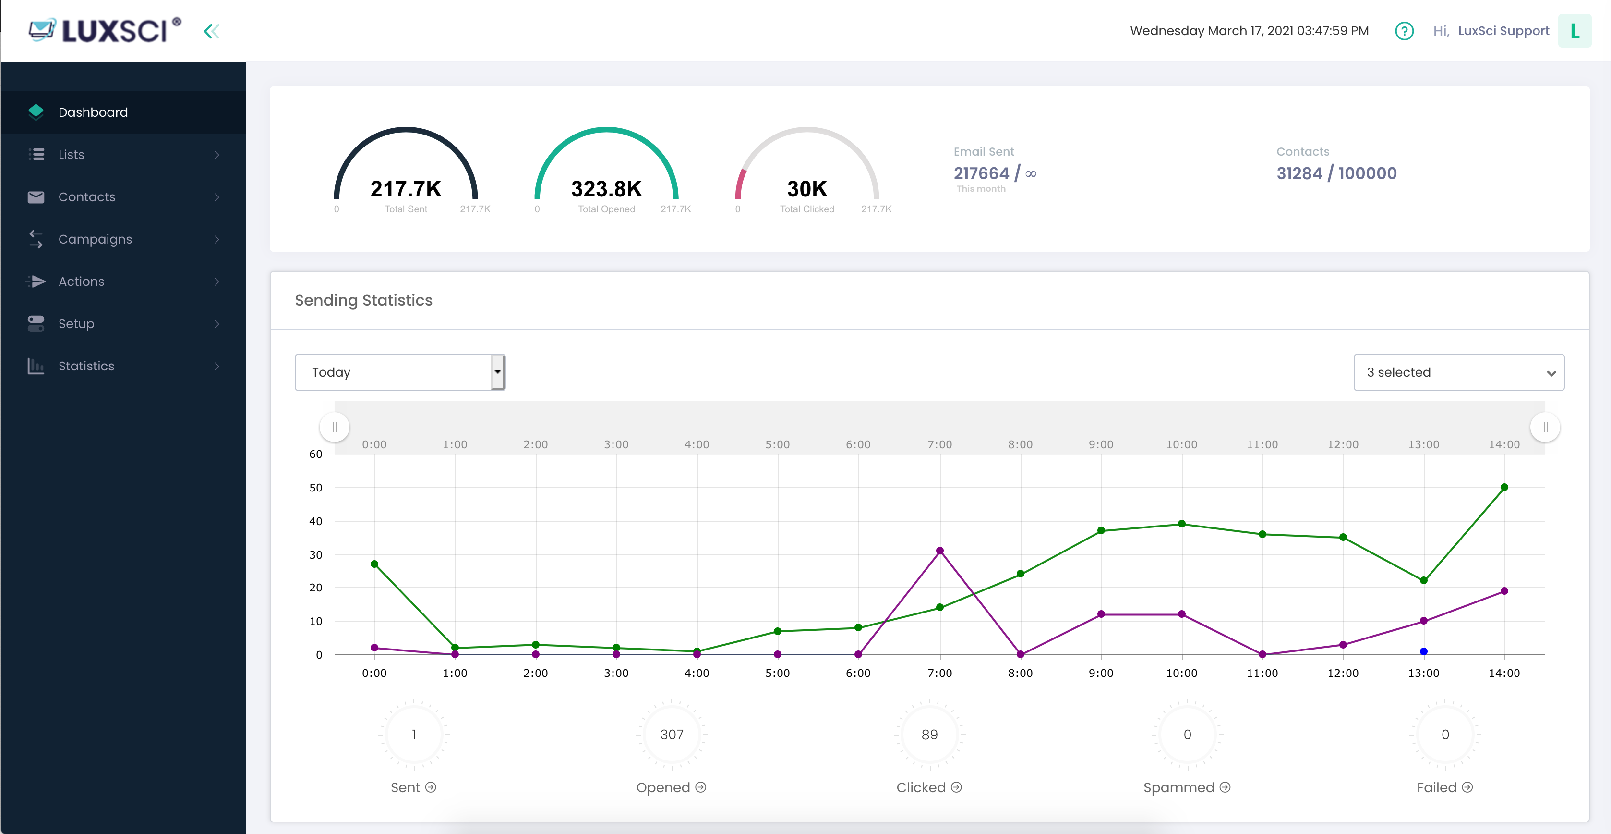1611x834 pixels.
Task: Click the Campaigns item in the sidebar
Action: click(x=95, y=239)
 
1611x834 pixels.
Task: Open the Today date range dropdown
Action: click(x=399, y=372)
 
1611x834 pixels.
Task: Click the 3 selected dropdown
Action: click(x=1458, y=372)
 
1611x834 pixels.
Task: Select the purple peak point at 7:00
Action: click(x=939, y=551)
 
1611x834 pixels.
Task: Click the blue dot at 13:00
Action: click(x=1423, y=651)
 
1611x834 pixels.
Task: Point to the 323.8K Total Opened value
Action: click(x=606, y=189)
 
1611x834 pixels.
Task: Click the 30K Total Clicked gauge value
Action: click(x=807, y=189)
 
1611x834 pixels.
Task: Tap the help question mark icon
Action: click(x=1404, y=31)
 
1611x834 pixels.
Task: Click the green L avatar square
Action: click(x=1574, y=31)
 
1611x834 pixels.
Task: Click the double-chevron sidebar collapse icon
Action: click(x=211, y=31)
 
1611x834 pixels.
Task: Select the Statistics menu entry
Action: click(x=86, y=366)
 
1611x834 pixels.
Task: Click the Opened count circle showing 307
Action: click(x=672, y=735)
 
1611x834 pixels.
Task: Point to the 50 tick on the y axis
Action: click(x=316, y=488)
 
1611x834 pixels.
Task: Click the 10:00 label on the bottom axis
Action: click(x=1181, y=673)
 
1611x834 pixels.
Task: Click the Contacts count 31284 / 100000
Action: click(x=1336, y=173)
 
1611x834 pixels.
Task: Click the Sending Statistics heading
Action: click(x=363, y=300)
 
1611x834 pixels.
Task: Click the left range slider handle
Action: click(x=335, y=427)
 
